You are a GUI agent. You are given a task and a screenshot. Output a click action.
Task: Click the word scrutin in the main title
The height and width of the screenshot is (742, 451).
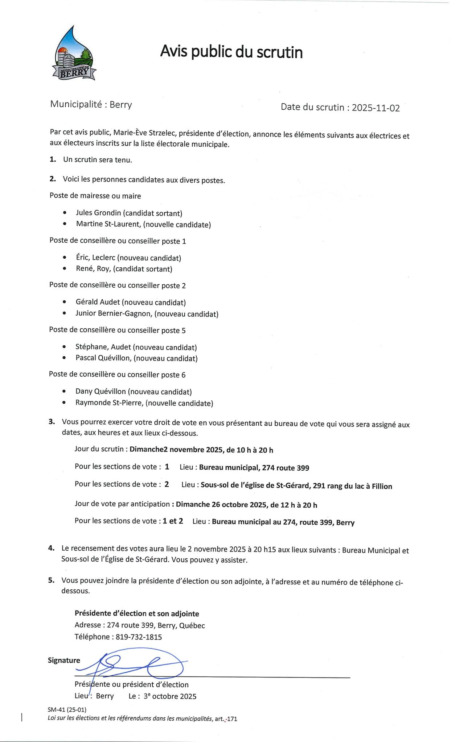click(x=279, y=52)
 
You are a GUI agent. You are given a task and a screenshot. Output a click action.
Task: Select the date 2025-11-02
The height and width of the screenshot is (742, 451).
click(x=376, y=108)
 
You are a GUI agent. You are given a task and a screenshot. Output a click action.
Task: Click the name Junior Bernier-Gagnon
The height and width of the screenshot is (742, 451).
click(x=113, y=314)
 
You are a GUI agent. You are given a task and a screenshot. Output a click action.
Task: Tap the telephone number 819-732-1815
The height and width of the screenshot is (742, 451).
click(x=139, y=647)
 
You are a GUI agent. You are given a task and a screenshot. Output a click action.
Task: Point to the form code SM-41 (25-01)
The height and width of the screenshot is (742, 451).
click(x=67, y=709)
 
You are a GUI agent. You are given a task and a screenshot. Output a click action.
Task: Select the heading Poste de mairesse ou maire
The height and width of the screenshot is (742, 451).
click(x=95, y=196)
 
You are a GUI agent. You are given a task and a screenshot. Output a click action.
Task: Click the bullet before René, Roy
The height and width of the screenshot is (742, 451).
click(x=65, y=269)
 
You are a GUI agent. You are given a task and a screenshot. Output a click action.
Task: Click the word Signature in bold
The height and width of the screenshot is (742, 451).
click(x=64, y=660)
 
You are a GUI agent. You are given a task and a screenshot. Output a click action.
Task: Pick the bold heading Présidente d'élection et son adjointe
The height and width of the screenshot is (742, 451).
click(x=137, y=613)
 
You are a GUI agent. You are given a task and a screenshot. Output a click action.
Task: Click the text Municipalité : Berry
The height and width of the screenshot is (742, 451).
click(x=91, y=105)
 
